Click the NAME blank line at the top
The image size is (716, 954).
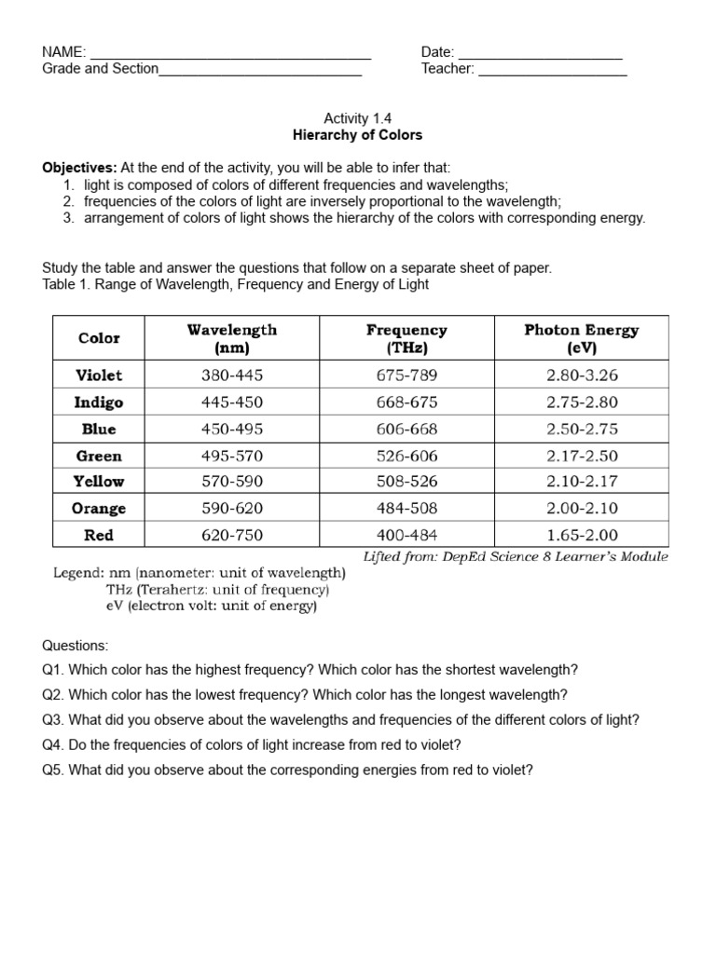click(x=230, y=54)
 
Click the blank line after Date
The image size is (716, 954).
click(x=541, y=54)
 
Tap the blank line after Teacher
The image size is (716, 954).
click(x=552, y=71)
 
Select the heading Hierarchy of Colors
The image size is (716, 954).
click(x=358, y=135)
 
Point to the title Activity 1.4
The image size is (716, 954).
click(x=358, y=118)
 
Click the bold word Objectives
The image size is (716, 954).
click(x=79, y=168)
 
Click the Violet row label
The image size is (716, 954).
click(x=99, y=375)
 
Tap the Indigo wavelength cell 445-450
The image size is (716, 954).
click(x=232, y=402)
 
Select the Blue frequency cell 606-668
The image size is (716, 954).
click(x=406, y=429)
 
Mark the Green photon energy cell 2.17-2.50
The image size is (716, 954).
click(x=582, y=457)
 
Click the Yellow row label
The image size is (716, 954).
click(x=99, y=482)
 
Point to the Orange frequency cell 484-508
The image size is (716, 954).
click(x=406, y=509)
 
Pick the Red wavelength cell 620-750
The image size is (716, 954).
click(x=232, y=536)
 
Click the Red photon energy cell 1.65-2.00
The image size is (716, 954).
click(x=582, y=536)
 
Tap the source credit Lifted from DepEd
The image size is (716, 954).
click(x=515, y=557)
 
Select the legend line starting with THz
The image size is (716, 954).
click(x=217, y=590)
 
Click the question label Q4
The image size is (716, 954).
click(x=53, y=744)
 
